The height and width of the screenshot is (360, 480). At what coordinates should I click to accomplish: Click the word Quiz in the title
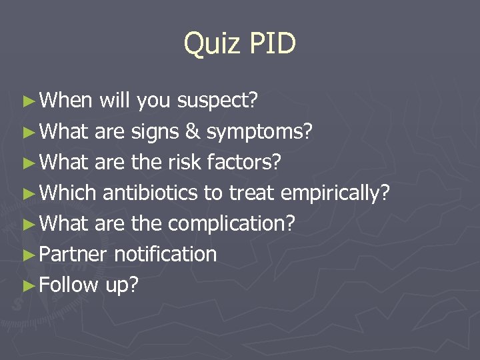coord(211,45)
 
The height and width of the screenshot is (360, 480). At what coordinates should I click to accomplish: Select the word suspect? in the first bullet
coord(218,101)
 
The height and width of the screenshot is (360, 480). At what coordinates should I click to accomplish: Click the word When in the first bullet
coord(66,101)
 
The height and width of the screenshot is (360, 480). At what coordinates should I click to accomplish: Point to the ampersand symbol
coord(193,131)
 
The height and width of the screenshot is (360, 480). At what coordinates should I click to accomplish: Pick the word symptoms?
coord(259,132)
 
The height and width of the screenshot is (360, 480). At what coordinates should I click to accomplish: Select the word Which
coord(68,193)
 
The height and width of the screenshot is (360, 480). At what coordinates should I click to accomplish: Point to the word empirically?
coord(335,193)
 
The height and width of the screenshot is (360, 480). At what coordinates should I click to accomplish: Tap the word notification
coord(165,254)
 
